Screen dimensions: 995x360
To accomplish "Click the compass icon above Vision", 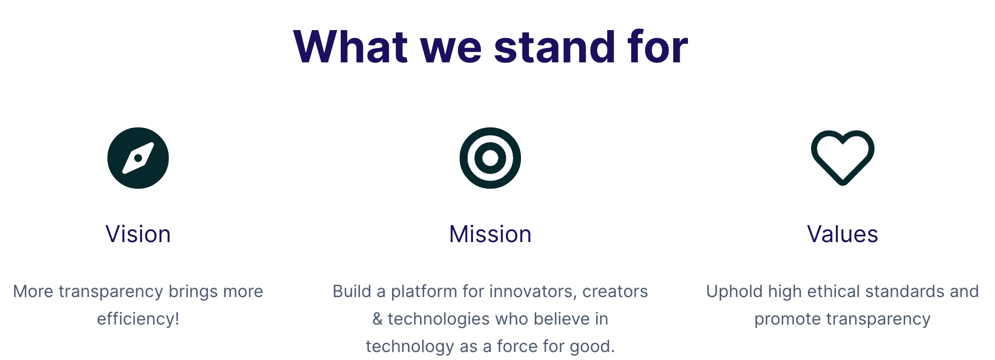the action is point(138,158).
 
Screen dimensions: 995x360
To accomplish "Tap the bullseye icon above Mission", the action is point(490,158).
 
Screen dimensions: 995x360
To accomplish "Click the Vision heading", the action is point(138,234).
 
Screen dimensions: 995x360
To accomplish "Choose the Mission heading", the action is point(490,234).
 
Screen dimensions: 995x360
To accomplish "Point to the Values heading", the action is point(842,234).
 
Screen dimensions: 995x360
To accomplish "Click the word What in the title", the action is point(350,47).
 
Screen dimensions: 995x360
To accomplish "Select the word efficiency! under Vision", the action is point(138,319).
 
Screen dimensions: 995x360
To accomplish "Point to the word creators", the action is point(615,292).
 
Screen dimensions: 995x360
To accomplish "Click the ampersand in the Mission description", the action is point(377,319).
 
